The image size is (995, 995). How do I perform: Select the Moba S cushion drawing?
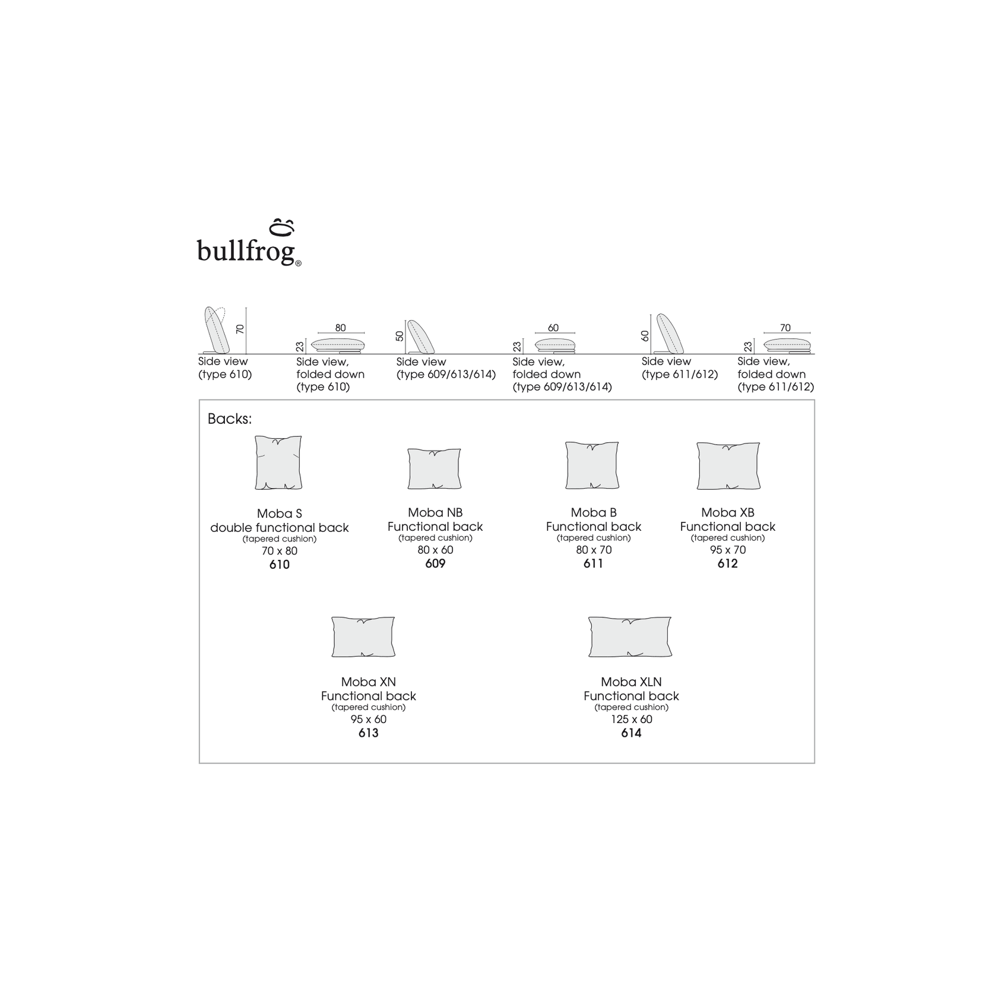click(x=278, y=462)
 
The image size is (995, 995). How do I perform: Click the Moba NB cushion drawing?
click(x=435, y=468)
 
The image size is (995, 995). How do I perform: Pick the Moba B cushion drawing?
click(x=592, y=465)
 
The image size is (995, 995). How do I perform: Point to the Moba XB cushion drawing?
click(x=728, y=465)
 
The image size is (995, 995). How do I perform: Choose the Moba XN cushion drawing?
click(x=363, y=636)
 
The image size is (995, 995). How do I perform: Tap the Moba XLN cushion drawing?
click(x=630, y=636)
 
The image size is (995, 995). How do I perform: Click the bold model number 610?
click(x=280, y=565)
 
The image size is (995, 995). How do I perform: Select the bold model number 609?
click(x=435, y=563)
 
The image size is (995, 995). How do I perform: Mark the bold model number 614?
click(x=631, y=733)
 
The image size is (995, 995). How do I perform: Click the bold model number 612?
click(x=728, y=563)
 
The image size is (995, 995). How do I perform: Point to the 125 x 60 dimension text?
click(x=631, y=720)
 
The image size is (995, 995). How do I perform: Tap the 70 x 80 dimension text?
click(x=280, y=551)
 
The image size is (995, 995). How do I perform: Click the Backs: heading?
click(x=230, y=419)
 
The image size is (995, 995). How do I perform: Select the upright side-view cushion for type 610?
click(x=217, y=330)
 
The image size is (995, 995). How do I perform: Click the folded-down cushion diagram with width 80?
click(x=338, y=345)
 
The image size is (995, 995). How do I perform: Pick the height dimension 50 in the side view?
click(x=400, y=336)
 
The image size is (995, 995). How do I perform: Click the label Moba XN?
click(x=368, y=682)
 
